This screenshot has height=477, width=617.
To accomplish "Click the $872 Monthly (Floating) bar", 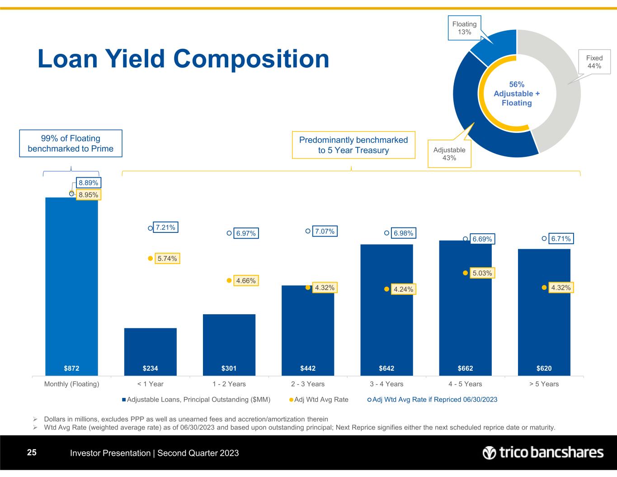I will (x=71, y=285).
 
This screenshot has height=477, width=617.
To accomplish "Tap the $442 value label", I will (x=308, y=368).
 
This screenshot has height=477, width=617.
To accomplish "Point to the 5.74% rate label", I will (x=167, y=259).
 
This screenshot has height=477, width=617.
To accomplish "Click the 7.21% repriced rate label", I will (x=165, y=227).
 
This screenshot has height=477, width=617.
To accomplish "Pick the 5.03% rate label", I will (x=482, y=273).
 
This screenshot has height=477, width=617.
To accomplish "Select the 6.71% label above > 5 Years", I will (x=561, y=238).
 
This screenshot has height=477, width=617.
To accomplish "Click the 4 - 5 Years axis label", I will (x=465, y=384).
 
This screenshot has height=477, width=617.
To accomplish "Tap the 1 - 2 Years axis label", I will (x=229, y=384).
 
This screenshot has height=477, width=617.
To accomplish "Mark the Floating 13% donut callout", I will (x=464, y=28).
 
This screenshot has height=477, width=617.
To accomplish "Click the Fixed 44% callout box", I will (x=594, y=62).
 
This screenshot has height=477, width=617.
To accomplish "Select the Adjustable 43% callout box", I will (x=449, y=154).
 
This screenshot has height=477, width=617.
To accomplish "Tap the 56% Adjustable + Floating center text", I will (x=517, y=94).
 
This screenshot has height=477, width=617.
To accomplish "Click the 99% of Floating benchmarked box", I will (x=71, y=144).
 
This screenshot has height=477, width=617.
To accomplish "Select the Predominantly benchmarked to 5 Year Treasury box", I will (x=353, y=145).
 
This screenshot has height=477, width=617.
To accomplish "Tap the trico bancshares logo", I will (x=543, y=453).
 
